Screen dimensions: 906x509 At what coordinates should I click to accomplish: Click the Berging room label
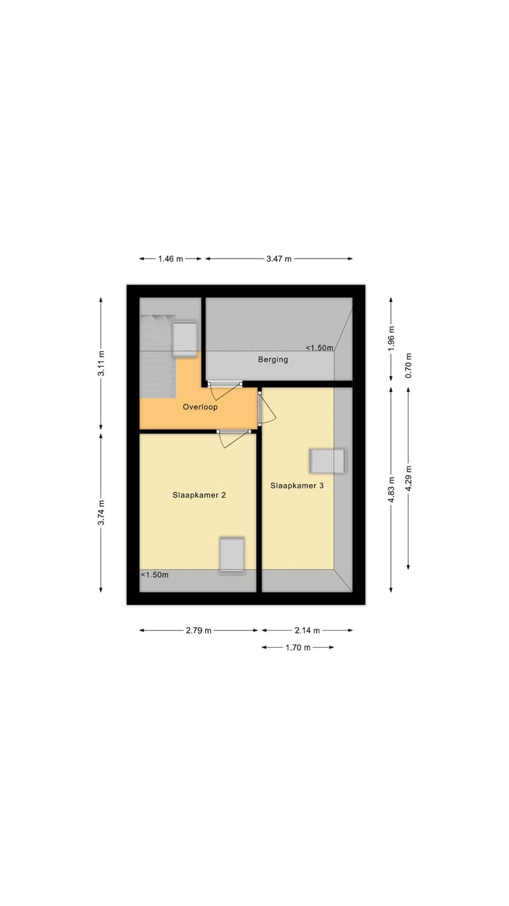[x=273, y=360]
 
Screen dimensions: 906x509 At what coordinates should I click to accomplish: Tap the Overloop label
[x=200, y=407]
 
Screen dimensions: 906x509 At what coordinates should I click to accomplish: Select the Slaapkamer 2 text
[x=199, y=495]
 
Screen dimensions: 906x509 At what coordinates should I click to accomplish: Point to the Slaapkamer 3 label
[x=298, y=486]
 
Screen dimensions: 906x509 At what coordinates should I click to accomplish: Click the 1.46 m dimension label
[x=170, y=259]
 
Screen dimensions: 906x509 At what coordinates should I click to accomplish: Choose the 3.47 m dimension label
[x=279, y=259]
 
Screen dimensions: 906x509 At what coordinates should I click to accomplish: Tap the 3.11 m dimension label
[x=101, y=364]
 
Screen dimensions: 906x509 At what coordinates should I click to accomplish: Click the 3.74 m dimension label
[x=101, y=512]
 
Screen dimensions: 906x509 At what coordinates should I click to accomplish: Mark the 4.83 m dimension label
[x=392, y=489]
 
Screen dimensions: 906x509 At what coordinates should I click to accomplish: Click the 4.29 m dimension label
[x=409, y=478]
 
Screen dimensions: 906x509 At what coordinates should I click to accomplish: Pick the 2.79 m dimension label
[x=199, y=631]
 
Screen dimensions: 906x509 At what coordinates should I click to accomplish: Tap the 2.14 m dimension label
[x=307, y=631]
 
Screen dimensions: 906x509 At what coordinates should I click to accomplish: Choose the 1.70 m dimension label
[x=298, y=648]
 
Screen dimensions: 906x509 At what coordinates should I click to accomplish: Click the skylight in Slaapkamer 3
[x=328, y=461]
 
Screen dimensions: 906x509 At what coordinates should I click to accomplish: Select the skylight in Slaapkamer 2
[x=231, y=554]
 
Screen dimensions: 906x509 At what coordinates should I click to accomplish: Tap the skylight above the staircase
[x=185, y=339]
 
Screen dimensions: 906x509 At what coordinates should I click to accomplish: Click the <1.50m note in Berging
[x=320, y=348]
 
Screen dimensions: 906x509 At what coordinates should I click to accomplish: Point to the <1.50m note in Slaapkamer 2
[x=155, y=575]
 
